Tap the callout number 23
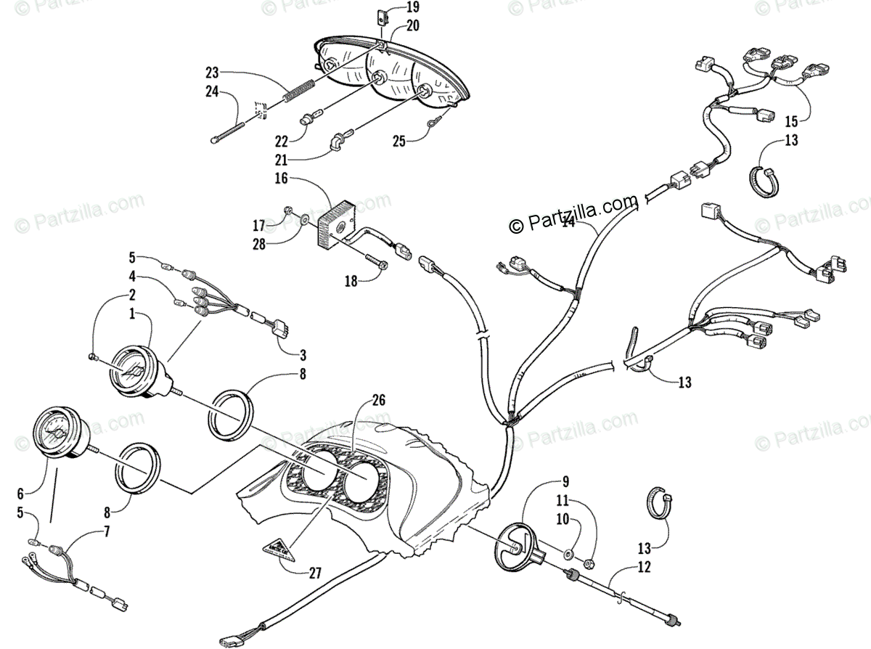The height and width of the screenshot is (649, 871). pyautogui.click(x=211, y=73)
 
